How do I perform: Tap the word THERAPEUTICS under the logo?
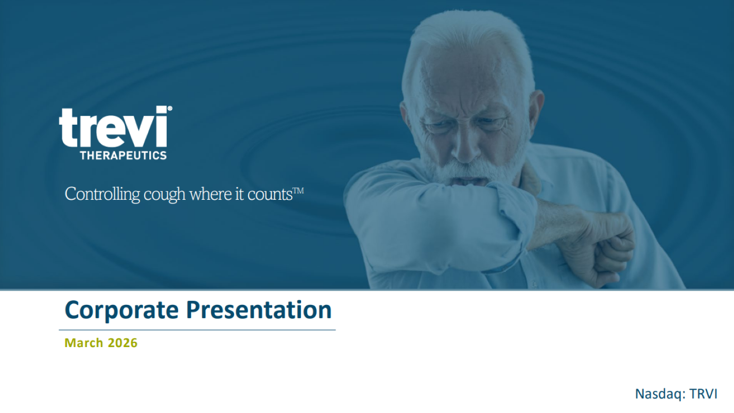point(123,155)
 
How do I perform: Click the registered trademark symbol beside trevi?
point(170,109)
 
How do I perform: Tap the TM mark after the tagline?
point(298,191)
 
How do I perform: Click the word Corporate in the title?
point(121,310)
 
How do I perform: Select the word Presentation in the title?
point(258,310)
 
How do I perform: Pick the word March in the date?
point(84,343)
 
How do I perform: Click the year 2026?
point(123,343)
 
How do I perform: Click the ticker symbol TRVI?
point(703,394)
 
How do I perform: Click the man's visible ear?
point(536,111)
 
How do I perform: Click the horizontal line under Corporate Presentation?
point(197,330)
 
